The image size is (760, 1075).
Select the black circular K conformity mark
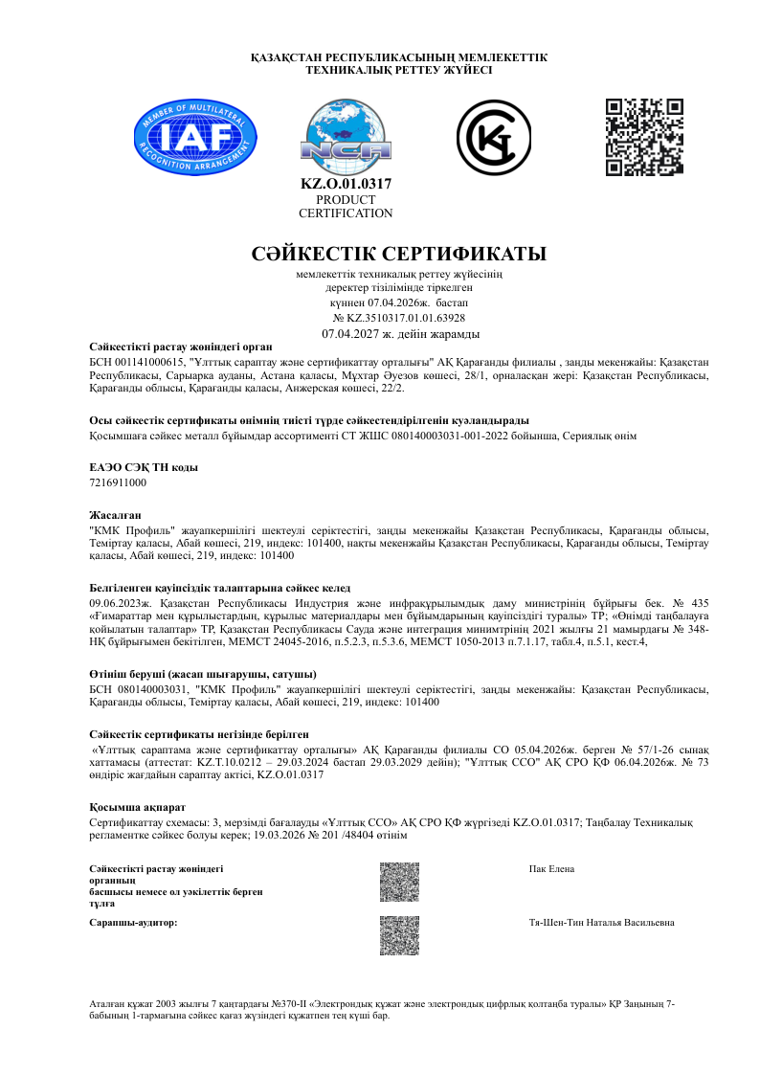coord(493,138)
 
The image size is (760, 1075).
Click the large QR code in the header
coord(645,136)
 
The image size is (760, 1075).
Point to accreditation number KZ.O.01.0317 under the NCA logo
coord(346,183)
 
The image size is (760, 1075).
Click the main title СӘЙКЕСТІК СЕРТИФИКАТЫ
coord(398,255)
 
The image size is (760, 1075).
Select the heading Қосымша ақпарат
coord(130,807)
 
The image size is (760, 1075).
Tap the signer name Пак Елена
coord(551,868)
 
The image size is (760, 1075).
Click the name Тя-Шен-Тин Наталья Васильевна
coord(601,922)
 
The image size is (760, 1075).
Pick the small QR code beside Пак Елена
coord(399,882)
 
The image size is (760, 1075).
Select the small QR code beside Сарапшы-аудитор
coord(399,935)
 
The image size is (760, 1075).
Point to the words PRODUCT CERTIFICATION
coord(346,207)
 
